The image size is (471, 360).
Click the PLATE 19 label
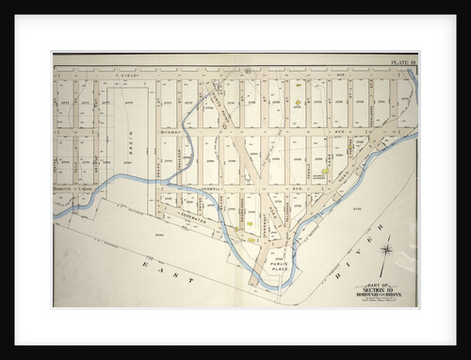(x=403, y=62)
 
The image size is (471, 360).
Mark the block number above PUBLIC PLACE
(x=279, y=254)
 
